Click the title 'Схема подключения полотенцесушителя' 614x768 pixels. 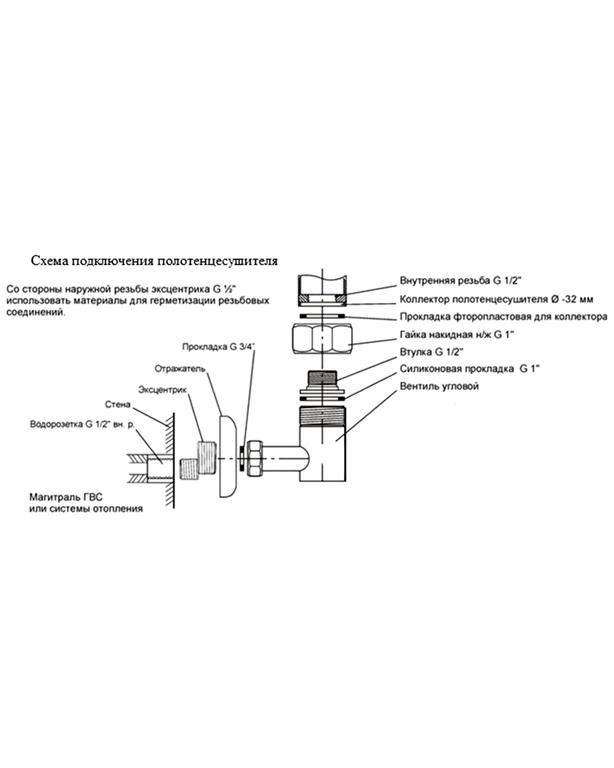154,261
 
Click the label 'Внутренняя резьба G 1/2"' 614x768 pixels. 461,281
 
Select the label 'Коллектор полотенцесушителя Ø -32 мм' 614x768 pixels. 496,299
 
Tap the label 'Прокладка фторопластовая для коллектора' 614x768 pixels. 504,317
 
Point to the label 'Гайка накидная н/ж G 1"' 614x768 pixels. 457,335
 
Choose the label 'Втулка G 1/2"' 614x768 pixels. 431,352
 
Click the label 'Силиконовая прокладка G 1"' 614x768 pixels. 470,368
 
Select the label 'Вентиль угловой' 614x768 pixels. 439,386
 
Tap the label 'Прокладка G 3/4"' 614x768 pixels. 219,347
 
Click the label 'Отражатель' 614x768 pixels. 180,368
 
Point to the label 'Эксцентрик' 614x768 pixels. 162,390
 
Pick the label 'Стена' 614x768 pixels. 118,404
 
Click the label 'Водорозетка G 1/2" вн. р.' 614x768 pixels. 82,424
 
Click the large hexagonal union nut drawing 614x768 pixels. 322,338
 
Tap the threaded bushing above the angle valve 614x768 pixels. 322,378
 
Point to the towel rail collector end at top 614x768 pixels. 322,291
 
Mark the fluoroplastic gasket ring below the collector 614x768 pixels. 322,316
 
